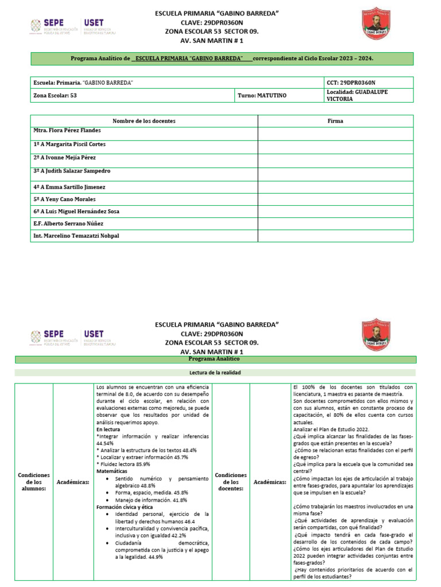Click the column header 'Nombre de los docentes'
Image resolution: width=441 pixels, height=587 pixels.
(144, 121)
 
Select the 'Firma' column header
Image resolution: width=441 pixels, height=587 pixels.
(335, 121)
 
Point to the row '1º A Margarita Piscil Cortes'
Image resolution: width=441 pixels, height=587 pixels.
(69, 144)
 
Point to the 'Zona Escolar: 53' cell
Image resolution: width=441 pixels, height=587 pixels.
(55, 95)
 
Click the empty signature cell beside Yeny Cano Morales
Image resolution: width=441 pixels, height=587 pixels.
(335, 199)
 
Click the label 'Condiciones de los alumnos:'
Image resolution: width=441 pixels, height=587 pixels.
(33, 483)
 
